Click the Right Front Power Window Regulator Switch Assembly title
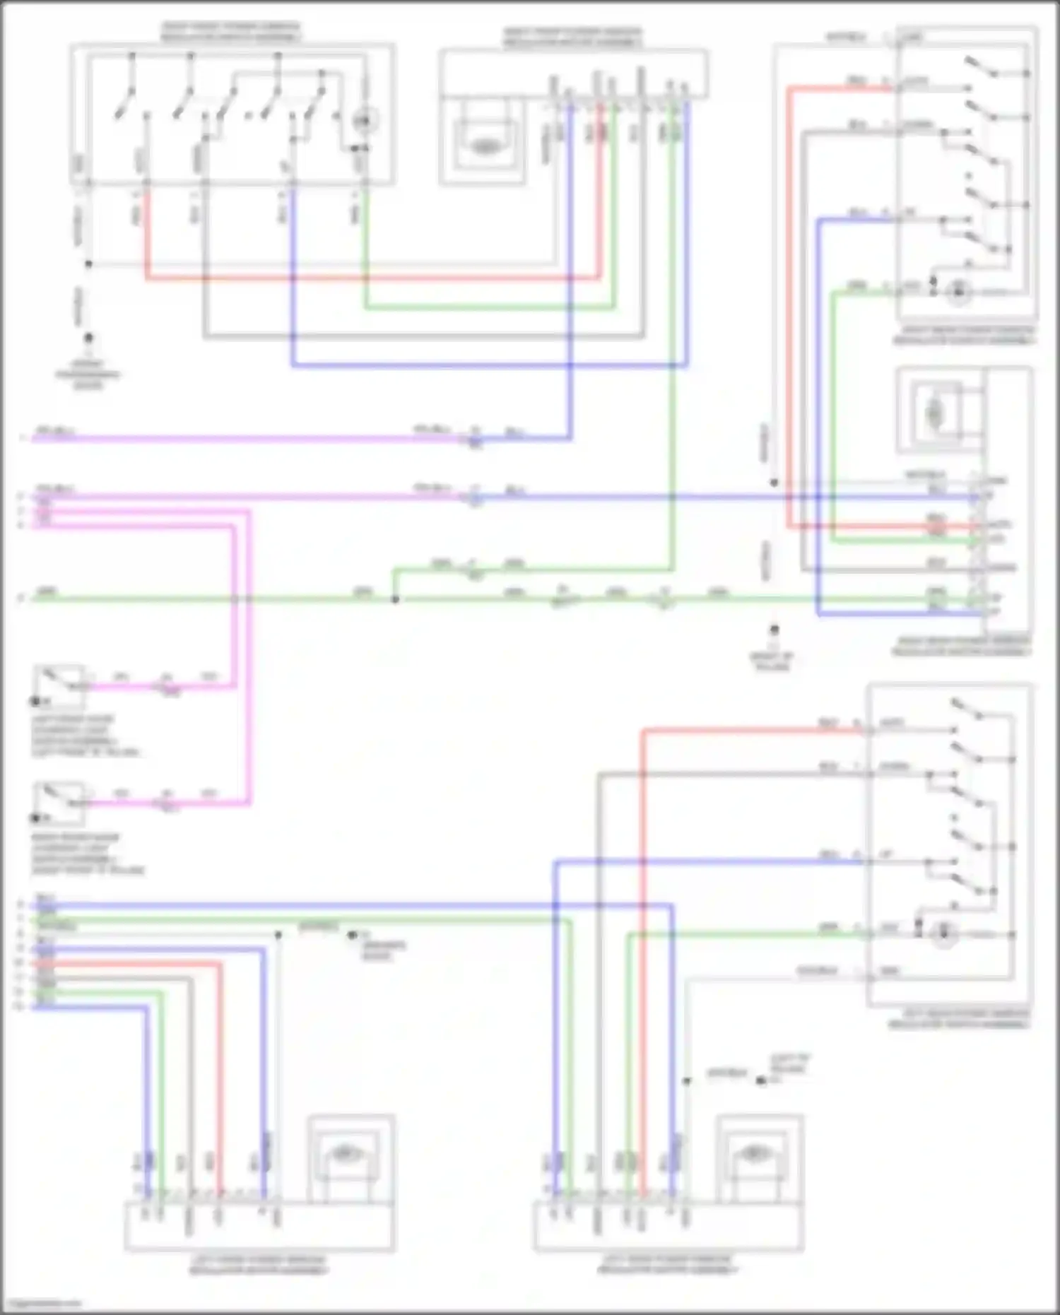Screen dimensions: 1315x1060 tap(231, 33)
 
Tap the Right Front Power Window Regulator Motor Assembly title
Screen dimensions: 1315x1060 tap(572, 37)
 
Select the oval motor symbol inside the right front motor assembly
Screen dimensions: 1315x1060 tap(483, 146)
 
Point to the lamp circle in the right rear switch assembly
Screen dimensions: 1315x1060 tap(959, 292)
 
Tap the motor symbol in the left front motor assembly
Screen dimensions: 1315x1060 tap(344, 1154)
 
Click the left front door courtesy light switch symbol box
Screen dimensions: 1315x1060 tap(60, 685)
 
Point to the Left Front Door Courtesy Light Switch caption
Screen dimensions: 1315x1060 tap(85, 736)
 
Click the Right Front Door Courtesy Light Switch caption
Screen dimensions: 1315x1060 tap(86, 854)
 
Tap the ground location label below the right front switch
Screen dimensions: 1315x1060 tap(88, 375)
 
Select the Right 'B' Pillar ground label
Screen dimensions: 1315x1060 tap(772, 661)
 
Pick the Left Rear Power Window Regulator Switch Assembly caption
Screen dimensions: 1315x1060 tap(959, 1018)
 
